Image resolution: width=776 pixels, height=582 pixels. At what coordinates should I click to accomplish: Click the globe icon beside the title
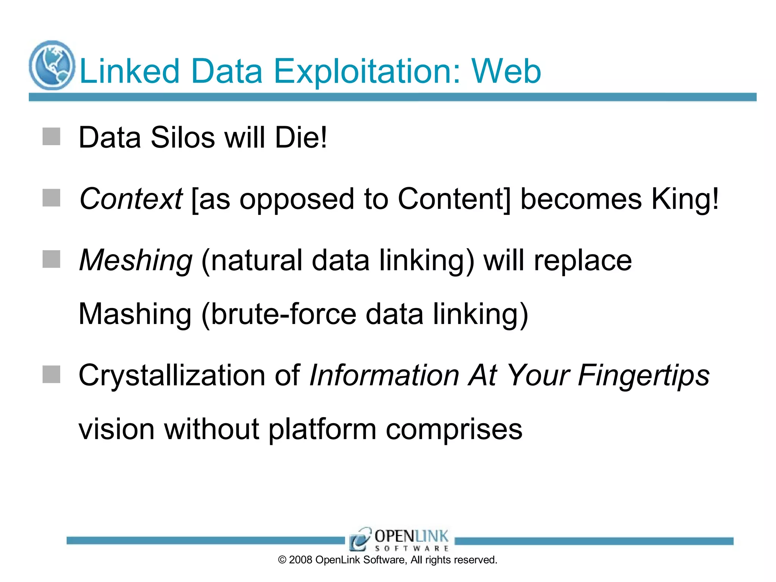pyautogui.click(x=52, y=65)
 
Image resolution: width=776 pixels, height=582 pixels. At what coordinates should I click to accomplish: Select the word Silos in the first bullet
pyautogui.click(x=183, y=137)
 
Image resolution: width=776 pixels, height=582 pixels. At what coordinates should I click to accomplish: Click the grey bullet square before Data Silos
pyautogui.click(x=52, y=136)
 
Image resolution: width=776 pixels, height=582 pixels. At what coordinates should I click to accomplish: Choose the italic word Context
pyautogui.click(x=131, y=199)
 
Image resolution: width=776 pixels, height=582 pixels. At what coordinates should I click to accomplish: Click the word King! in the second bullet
pyautogui.click(x=684, y=199)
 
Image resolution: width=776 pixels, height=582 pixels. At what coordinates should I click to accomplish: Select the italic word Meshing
pyautogui.click(x=136, y=260)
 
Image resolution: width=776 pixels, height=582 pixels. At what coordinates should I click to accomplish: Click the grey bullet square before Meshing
pyautogui.click(x=52, y=259)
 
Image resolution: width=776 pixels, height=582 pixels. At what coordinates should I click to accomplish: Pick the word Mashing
pyautogui.click(x=135, y=314)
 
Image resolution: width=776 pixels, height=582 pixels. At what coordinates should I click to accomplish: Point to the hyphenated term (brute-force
pyautogui.click(x=278, y=314)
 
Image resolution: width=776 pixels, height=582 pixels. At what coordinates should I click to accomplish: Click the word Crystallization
pyautogui.click(x=172, y=375)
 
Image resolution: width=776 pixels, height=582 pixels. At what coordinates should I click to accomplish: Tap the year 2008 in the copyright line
pyautogui.click(x=300, y=560)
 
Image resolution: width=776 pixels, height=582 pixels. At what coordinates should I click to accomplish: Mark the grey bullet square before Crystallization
pyautogui.click(x=52, y=374)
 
